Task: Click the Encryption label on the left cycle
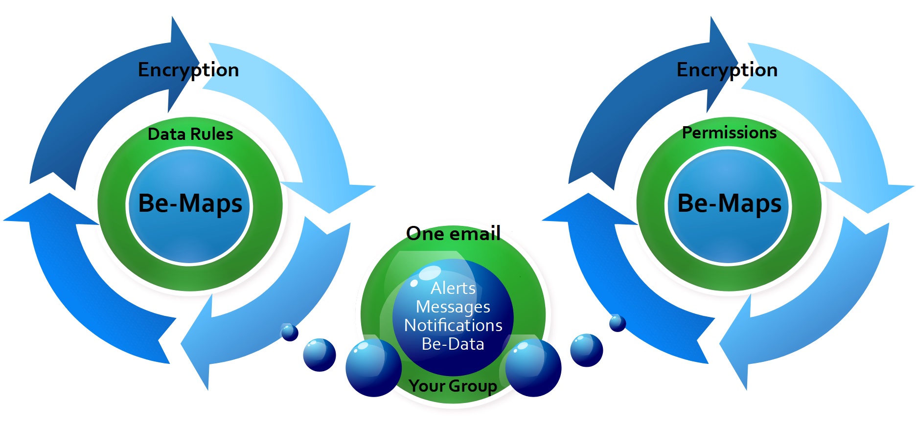pyautogui.click(x=188, y=70)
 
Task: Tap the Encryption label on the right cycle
pyautogui.click(x=727, y=70)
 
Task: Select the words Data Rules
pyautogui.click(x=190, y=134)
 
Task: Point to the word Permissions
pyautogui.click(x=729, y=133)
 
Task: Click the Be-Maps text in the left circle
pyautogui.click(x=190, y=203)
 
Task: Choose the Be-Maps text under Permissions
pyautogui.click(x=730, y=203)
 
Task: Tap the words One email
pyautogui.click(x=454, y=233)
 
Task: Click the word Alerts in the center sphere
pyautogui.click(x=453, y=288)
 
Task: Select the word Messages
pyautogui.click(x=453, y=307)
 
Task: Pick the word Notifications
pyautogui.click(x=453, y=325)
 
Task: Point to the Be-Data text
pyautogui.click(x=453, y=344)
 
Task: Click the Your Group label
pyautogui.click(x=453, y=386)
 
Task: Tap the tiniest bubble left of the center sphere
pyautogui.click(x=289, y=332)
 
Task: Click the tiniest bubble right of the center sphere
pyautogui.click(x=618, y=323)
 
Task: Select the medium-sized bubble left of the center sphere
pyautogui.click(x=320, y=355)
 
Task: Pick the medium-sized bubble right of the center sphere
pyautogui.click(x=587, y=350)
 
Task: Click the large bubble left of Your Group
pyautogui.click(x=374, y=367)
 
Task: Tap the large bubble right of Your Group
pyautogui.click(x=533, y=368)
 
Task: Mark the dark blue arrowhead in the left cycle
pyautogui.click(x=183, y=64)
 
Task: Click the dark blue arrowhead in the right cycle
pyautogui.click(x=722, y=64)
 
